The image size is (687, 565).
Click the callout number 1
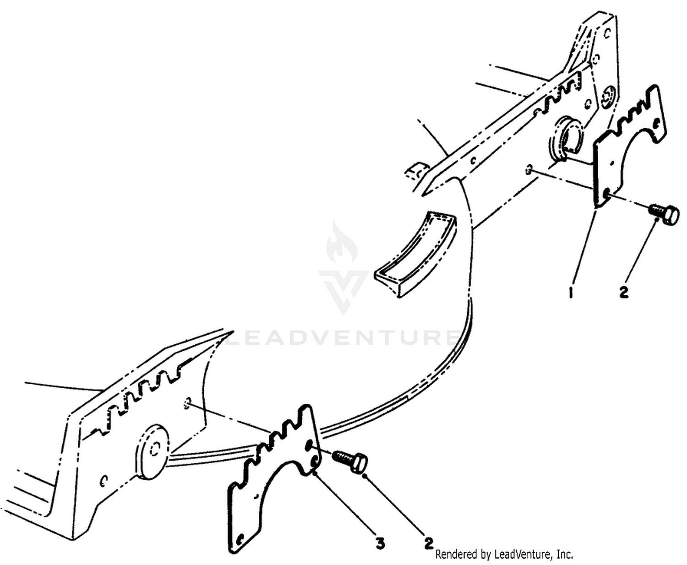570,293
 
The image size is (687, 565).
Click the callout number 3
380,543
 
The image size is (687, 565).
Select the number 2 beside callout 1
623,292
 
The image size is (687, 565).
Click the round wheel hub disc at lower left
153,451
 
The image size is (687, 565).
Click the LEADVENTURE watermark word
343,337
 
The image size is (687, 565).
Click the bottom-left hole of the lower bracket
241,538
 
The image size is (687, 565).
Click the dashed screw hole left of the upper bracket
529,169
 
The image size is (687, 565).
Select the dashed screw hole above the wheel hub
187,403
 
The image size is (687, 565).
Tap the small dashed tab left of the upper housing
416,171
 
